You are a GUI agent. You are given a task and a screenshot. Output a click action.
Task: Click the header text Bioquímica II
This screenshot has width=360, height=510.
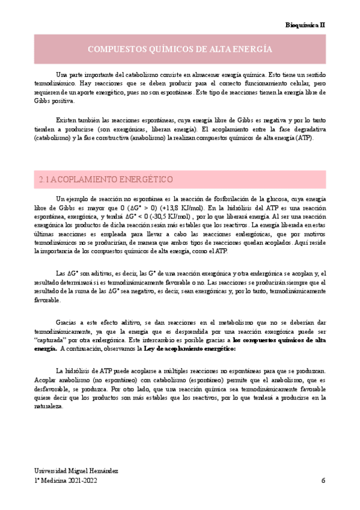(x=305, y=25)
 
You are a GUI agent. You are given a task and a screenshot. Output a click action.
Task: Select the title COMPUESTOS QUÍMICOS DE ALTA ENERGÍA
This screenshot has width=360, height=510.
(x=180, y=49)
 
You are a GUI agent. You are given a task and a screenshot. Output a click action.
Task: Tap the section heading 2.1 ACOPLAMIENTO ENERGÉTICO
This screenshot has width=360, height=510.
(x=106, y=179)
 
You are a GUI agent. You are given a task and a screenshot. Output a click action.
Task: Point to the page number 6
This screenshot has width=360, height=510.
(x=323, y=480)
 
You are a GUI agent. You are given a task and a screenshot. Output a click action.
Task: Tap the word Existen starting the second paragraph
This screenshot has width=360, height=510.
(x=67, y=119)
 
